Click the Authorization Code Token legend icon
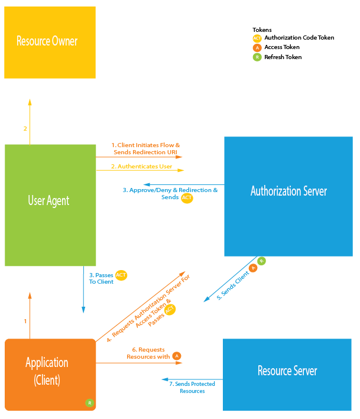pyautogui.click(x=257, y=38)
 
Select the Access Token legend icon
pyautogui.click(x=257, y=47)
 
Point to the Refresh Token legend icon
pyautogui.click(x=257, y=57)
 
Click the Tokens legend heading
pyautogui.click(x=262, y=29)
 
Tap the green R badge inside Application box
pyautogui.click(x=89, y=403)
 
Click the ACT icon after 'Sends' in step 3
pyautogui.click(x=187, y=198)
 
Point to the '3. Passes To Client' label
pyautogui.click(x=101, y=278)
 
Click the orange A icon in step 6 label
pyautogui.click(x=176, y=356)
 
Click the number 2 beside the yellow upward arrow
pyautogui.click(x=25, y=129)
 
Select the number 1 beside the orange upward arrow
pyautogui.click(x=25, y=321)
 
